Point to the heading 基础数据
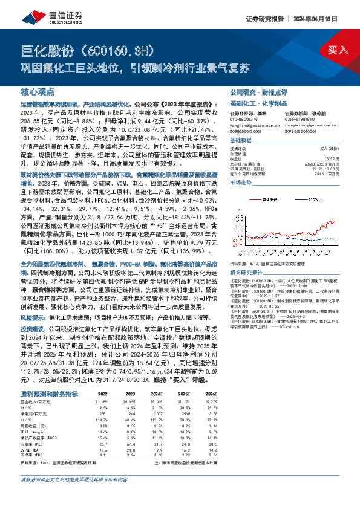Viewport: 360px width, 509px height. [x=241, y=140]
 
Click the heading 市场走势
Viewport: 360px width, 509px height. [x=241, y=182]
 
